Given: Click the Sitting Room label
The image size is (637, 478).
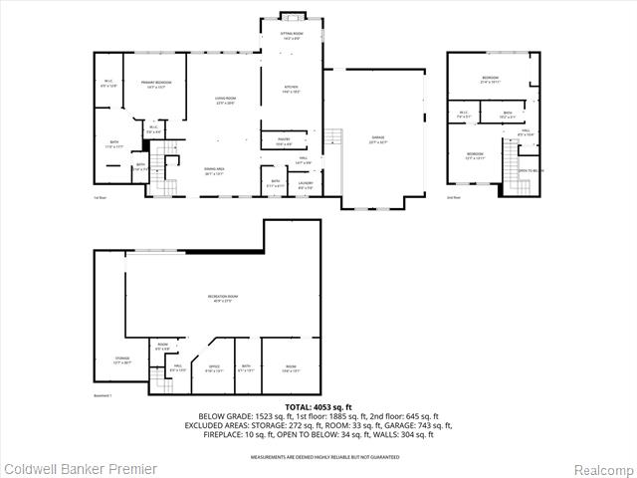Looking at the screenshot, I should tap(292, 34).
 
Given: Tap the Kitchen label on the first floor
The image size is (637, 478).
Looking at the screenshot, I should tap(292, 88).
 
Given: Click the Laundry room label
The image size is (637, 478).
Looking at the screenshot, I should tap(306, 183).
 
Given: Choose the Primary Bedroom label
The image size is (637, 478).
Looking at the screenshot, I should tap(156, 83).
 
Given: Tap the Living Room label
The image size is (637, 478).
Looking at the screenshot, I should tap(225, 99).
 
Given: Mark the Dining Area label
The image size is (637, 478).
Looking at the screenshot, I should tap(214, 169).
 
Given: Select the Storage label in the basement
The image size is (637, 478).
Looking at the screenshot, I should tap(122, 359).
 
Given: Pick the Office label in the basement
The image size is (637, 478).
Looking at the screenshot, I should tap(213, 366).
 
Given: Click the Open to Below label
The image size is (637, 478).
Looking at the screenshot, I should tap(531, 170).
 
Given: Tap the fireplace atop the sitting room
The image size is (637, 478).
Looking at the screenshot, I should tap(292, 16).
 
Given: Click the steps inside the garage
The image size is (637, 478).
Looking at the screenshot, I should tap(335, 138).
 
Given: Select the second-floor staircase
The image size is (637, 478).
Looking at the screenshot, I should tap(512, 159).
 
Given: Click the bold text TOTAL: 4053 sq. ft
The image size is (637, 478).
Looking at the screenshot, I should tap(318, 407).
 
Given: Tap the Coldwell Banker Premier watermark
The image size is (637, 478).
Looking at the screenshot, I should tap(67, 468).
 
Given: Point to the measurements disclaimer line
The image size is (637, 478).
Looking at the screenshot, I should tap(318, 456).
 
